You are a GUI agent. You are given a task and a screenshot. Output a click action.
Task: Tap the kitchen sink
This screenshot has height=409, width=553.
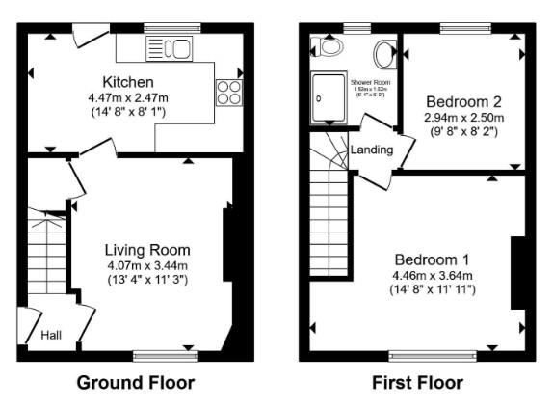click(170, 47)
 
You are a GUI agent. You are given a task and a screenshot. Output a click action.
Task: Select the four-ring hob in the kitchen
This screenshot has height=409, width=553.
click(230, 91)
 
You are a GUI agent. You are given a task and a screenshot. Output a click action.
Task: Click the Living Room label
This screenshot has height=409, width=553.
click(147, 250)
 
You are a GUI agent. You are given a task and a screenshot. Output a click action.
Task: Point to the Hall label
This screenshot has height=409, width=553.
click(51, 336)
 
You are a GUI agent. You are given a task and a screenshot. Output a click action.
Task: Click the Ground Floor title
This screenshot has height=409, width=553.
click(136, 383)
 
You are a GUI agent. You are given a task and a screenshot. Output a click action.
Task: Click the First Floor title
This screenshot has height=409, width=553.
click(417, 383)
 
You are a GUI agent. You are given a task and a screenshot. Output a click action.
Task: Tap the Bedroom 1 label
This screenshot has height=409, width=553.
click(432, 259)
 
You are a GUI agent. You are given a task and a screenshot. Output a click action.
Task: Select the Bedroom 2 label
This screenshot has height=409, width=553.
click(463, 101)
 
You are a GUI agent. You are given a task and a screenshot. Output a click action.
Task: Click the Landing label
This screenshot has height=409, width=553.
click(371, 150)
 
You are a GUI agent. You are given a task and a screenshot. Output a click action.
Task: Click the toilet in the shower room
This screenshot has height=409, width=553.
click(330, 46)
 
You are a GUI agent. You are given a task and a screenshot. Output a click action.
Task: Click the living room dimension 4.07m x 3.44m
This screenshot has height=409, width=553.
click(147, 265)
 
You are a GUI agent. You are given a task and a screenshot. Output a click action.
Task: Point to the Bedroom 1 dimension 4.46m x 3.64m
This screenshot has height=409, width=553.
click(432, 274)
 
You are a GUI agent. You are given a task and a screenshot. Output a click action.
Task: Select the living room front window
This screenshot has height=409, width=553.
click(163, 356)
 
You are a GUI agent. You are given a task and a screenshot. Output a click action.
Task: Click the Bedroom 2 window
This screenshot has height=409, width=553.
click(463, 28)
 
